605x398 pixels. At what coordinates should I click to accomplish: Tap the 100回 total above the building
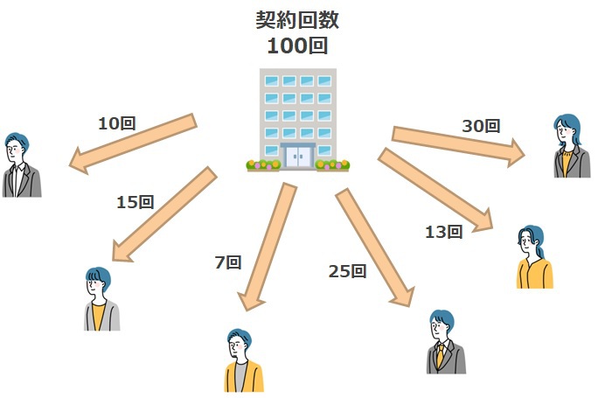(x=297, y=45)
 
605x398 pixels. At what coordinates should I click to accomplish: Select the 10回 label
(x=117, y=124)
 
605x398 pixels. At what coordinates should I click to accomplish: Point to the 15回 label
(x=135, y=202)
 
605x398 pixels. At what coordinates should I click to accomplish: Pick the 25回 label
(x=346, y=271)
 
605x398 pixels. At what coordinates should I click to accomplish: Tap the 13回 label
(x=443, y=232)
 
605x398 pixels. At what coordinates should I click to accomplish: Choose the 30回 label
(x=481, y=126)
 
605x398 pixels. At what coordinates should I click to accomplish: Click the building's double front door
(x=299, y=156)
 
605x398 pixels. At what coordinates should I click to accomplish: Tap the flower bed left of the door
(x=263, y=164)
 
